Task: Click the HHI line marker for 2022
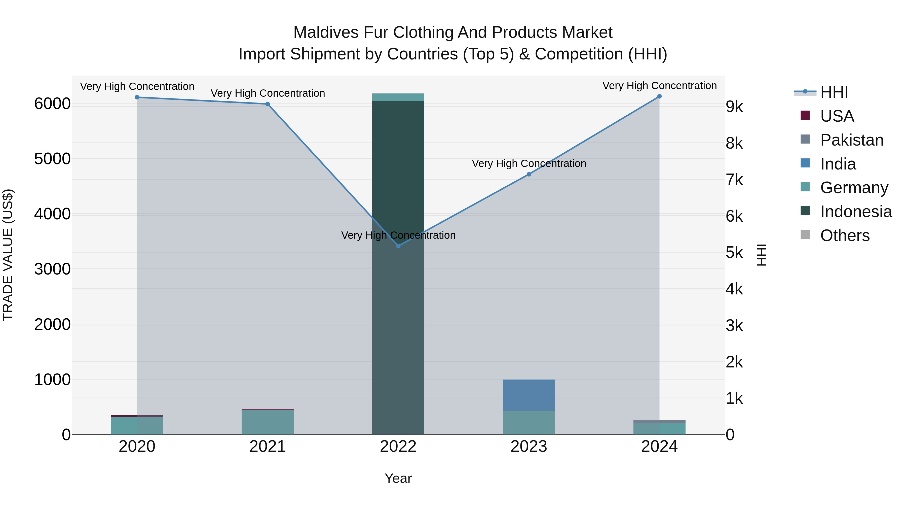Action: (x=398, y=246)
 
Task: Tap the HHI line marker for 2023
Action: (x=528, y=174)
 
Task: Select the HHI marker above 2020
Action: (x=137, y=97)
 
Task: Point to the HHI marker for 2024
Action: (x=659, y=96)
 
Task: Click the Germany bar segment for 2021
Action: (x=268, y=422)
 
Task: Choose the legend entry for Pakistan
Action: (x=851, y=140)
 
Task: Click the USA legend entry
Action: (x=837, y=116)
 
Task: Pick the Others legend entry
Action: (x=844, y=235)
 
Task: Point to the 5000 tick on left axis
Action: (x=52, y=159)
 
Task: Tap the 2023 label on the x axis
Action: (x=528, y=447)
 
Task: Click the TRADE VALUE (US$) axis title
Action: (x=8, y=255)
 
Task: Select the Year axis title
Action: (x=398, y=478)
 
